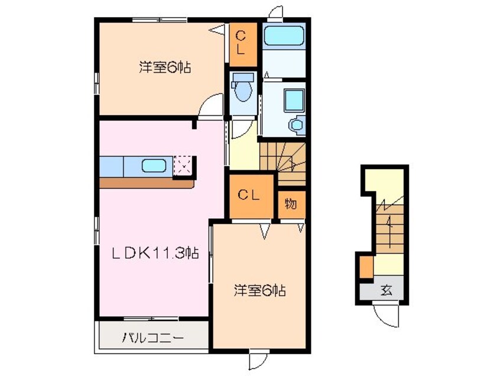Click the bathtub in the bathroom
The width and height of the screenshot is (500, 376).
tap(284, 37)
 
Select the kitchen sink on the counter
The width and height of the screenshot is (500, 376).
tap(154, 166)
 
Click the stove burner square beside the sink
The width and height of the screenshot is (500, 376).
tap(183, 166)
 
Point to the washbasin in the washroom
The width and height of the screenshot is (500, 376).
tap(294, 100)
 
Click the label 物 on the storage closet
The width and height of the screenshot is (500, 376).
tap(291, 204)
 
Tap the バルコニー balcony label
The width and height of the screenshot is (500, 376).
tap(153, 338)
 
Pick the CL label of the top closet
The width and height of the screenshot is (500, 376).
tap(242, 43)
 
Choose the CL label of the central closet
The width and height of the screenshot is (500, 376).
tap(251, 195)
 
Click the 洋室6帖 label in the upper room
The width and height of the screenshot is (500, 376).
tap(165, 67)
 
